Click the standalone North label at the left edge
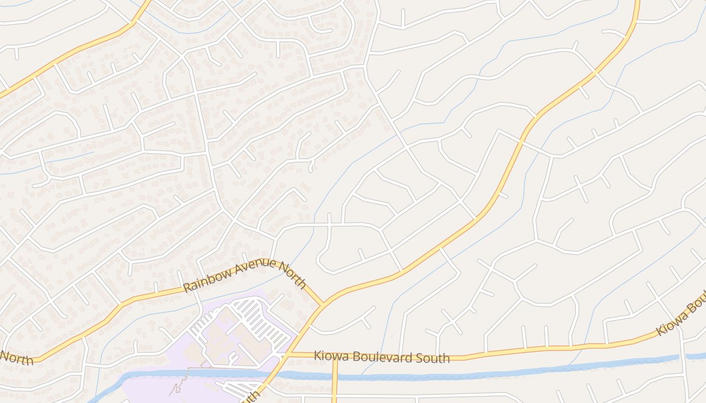point(16,358)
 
